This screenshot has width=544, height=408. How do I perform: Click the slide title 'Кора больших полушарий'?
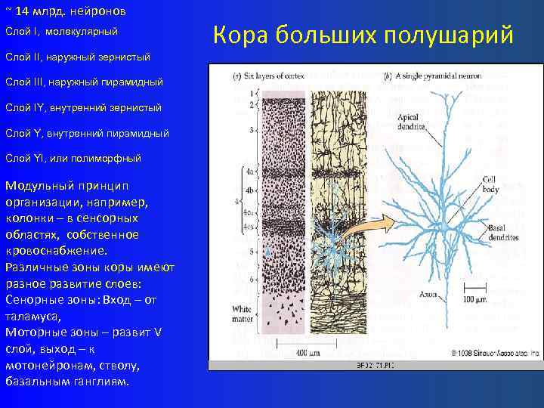pos(363,35)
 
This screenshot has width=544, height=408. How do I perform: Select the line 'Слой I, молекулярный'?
pos(61,32)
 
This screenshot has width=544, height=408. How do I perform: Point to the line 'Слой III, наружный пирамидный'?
pos(84,82)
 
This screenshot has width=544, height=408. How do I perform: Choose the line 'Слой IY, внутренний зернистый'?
pos(83,108)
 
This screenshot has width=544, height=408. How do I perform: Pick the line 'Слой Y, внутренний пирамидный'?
pos(87,134)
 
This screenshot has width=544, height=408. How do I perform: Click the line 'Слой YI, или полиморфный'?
pos(73,159)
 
